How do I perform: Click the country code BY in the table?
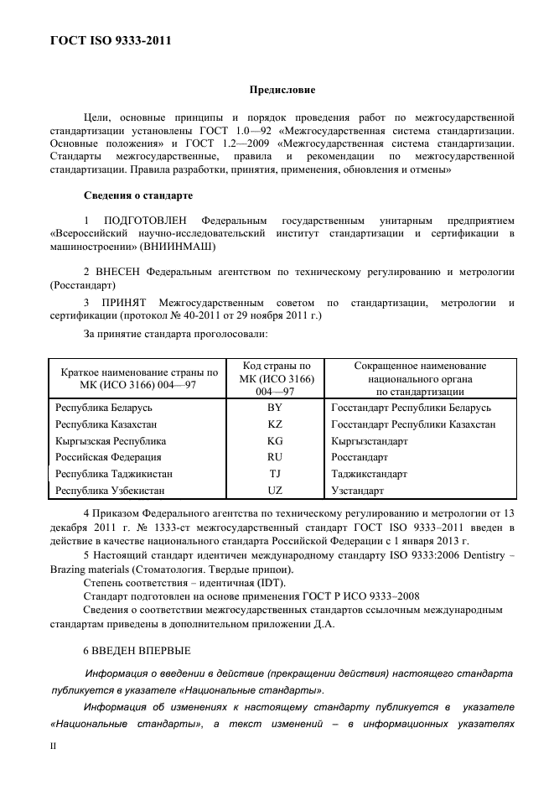pyautogui.click(x=274, y=408)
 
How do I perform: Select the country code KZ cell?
pyautogui.click(x=274, y=424)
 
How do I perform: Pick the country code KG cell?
pyautogui.click(x=274, y=441)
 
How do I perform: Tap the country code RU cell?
pyautogui.click(x=274, y=457)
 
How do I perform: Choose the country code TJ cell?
pyautogui.click(x=274, y=474)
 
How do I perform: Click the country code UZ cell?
pyautogui.click(x=274, y=491)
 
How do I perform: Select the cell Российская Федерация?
pyautogui.click(x=108, y=457)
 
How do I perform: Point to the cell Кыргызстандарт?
pyautogui.click(x=370, y=441)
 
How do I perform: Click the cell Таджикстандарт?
pyautogui.click(x=370, y=474)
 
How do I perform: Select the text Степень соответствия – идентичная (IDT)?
pyautogui.click(x=184, y=583)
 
